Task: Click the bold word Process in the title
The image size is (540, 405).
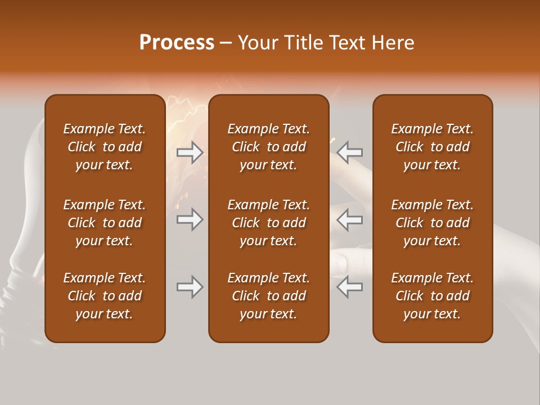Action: click(177, 43)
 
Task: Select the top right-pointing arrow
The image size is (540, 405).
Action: click(190, 152)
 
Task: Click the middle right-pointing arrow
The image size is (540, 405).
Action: click(190, 219)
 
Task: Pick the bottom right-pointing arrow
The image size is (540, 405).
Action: click(190, 287)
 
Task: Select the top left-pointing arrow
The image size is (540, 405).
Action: click(350, 152)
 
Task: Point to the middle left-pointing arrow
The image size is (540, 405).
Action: click(350, 219)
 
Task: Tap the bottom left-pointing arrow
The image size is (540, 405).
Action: click(350, 287)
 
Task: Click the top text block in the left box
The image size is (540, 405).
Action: click(105, 147)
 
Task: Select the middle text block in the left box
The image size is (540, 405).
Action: click(105, 223)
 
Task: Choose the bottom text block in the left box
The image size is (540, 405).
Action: click(105, 296)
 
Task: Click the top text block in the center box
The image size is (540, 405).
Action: click(268, 147)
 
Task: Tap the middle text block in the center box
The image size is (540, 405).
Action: click(268, 223)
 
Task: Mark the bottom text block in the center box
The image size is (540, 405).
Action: click(268, 296)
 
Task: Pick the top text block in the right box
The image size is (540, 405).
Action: click(432, 147)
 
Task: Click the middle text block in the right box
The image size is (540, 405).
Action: click(432, 223)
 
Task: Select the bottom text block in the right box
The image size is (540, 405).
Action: click(432, 296)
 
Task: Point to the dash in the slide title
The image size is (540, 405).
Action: click(226, 43)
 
